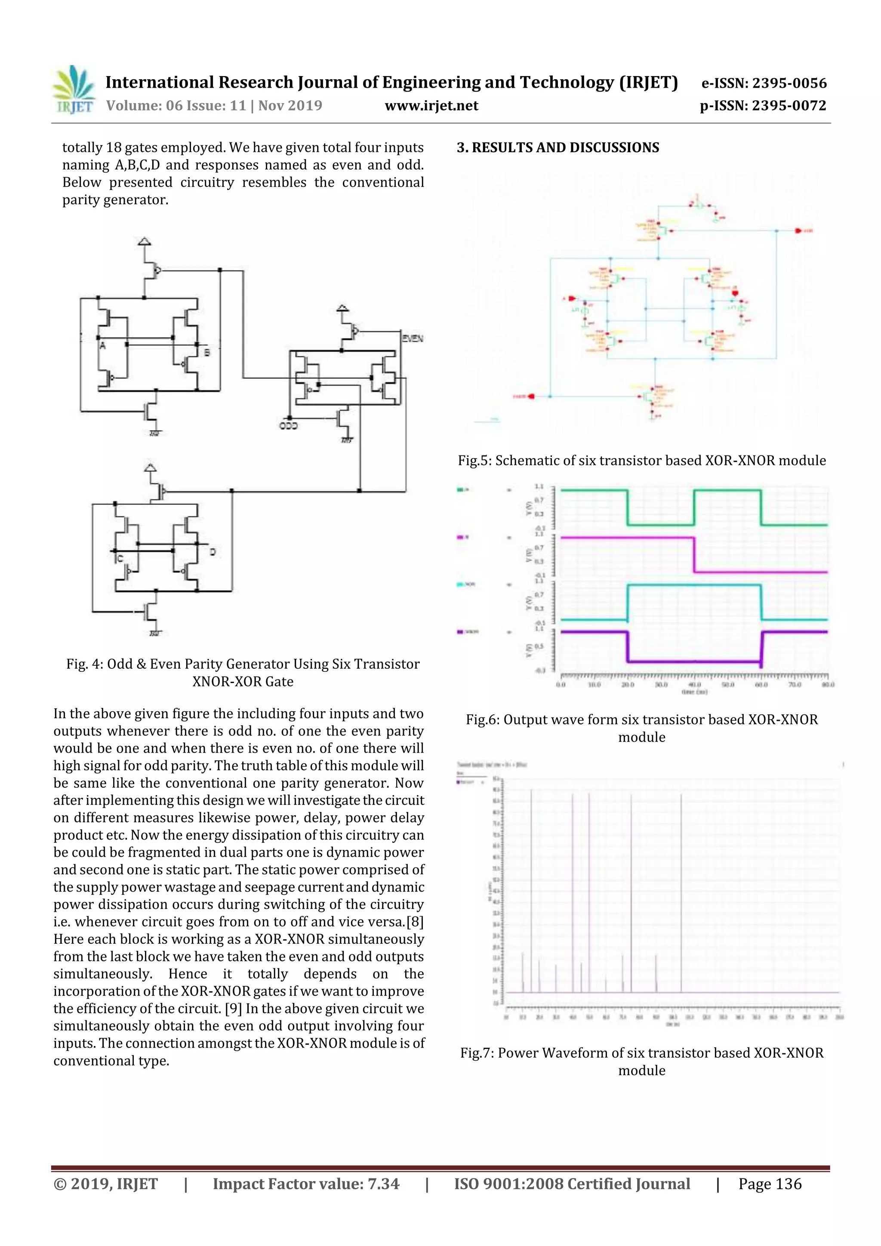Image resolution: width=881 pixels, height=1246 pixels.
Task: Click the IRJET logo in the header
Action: click(x=73, y=89)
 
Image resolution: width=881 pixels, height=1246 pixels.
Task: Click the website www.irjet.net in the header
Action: click(x=431, y=106)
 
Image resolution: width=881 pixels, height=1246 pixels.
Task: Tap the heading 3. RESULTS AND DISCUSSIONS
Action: click(x=558, y=148)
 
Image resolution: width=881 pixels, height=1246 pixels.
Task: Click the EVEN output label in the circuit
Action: click(x=413, y=338)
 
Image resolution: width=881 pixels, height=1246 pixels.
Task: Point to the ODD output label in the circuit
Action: click(x=288, y=426)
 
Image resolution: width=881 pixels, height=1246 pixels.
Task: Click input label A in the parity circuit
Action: click(x=102, y=346)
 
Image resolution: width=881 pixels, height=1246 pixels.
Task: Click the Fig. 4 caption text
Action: click(x=243, y=672)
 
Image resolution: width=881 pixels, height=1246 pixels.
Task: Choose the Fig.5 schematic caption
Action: click(x=642, y=461)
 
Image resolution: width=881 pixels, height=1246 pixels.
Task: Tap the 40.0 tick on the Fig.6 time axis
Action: click(x=694, y=685)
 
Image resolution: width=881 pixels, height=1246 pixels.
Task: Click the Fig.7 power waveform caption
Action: click(x=642, y=1061)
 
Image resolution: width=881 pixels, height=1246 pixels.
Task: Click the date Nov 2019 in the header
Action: click(x=290, y=106)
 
